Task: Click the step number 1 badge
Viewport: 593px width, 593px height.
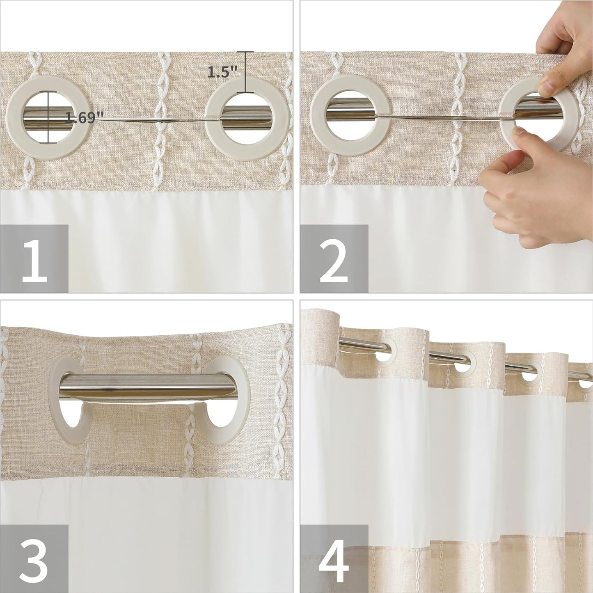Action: click(x=34, y=259)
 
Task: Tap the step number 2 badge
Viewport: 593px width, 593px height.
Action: click(x=334, y=259)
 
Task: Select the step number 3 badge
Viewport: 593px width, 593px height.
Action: click(x=34, y=559)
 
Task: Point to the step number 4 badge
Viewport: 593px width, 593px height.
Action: click(x=334, y=559)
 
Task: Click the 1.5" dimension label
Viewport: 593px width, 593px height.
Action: click(x=222, y=72)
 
